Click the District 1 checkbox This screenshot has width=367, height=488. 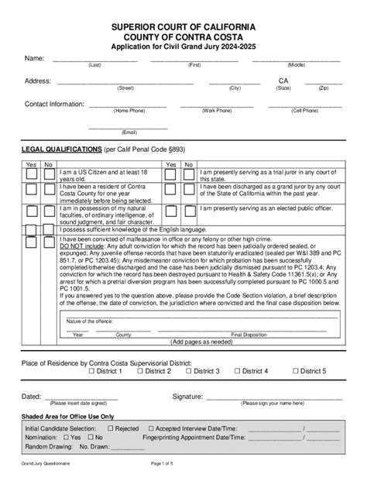click(x=92, y=371)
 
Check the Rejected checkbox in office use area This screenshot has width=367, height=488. click(x=111, y=428)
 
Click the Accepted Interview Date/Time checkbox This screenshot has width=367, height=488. click(x=151, y=428)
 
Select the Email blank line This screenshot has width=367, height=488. click(x=123, y=126)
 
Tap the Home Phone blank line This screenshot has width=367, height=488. click(x=129, y=105)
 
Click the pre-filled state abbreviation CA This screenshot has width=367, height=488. click(x=283, y=80)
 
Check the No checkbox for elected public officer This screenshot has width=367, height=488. click(x=187, y=210)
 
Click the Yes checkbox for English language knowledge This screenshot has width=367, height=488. click(x=31, y=226)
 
